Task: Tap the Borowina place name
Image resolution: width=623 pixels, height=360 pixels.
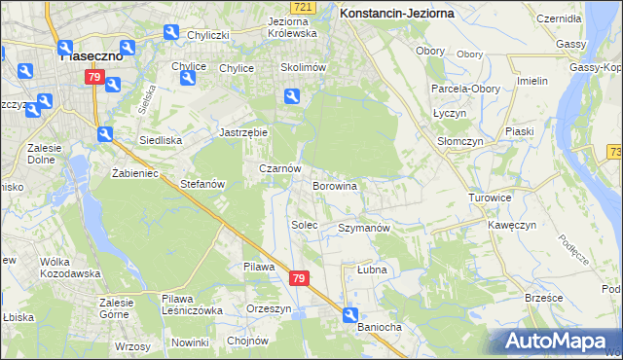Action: coord(334,185)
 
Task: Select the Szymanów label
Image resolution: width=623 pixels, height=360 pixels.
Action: coord(364,228)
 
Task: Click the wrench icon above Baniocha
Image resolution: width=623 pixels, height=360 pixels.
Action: coord(350,313)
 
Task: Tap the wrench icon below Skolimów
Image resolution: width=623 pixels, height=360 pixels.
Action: coord(291,95)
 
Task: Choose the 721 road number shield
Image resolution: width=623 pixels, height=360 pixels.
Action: coord(305,8)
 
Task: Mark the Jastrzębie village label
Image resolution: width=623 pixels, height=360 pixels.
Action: coord(242,131)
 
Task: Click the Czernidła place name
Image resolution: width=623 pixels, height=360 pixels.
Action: coord(558,18)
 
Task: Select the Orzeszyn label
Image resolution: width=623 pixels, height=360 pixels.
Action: coord(269,308)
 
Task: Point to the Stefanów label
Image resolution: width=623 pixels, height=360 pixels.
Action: coord(203,183)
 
